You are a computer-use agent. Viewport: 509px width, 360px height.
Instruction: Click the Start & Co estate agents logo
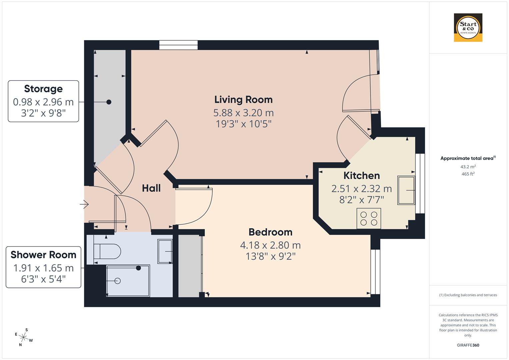tap(468, 28)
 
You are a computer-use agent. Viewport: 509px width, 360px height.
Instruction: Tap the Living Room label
tap(243, 100)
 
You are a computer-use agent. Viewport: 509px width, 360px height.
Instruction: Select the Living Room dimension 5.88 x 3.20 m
tap(243, 112)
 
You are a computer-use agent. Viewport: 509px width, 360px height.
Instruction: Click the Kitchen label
tap(361, 176)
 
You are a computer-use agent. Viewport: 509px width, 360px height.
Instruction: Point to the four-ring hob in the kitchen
tap(369, 219)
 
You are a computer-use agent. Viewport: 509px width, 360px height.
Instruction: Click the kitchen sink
tap(406, 190)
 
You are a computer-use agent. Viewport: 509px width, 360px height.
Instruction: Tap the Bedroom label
tap(270, 232)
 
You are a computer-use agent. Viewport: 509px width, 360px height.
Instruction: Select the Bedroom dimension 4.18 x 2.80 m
tap(270, 245)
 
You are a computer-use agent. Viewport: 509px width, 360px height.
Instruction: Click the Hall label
tap(151, 188)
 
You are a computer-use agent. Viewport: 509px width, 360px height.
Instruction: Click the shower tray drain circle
tap(117, 281)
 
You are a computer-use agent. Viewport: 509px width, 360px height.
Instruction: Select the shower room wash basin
tap(165, 251)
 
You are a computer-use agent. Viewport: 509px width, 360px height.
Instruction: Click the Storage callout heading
tap(43, 89)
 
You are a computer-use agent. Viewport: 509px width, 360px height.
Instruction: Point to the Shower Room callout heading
tap(43, 255)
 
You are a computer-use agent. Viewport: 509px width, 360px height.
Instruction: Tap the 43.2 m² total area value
tap(468, 167)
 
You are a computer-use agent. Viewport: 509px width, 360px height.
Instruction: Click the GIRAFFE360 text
tap(468, 345)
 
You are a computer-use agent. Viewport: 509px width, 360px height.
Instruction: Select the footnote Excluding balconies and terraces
tap(468, 295)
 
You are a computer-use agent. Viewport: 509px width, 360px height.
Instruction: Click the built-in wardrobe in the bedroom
tap(190, 266)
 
